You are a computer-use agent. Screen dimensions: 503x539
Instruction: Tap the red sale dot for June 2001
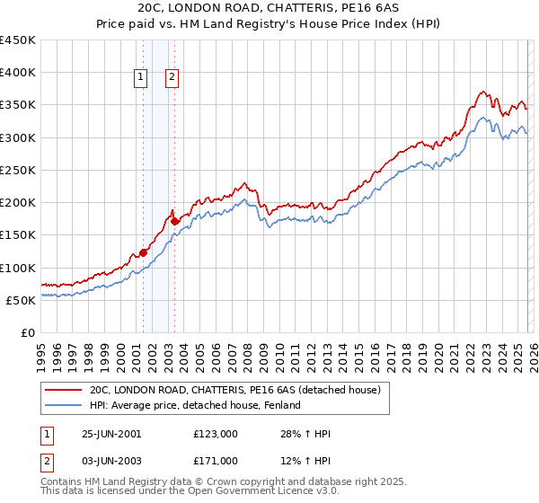144,253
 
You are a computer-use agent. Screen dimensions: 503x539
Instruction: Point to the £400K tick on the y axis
18,73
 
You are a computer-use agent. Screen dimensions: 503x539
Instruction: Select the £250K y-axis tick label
18,170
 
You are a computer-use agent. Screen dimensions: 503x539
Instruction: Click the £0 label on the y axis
28,332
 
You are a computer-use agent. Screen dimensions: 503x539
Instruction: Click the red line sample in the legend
64,391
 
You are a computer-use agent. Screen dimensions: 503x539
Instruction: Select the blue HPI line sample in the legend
64,406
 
